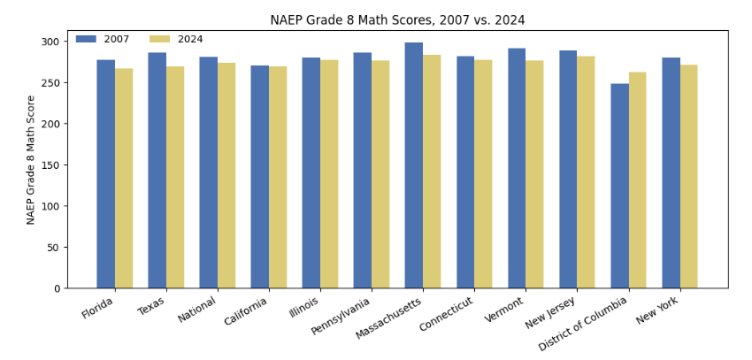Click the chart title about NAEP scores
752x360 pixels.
tap(397, 20)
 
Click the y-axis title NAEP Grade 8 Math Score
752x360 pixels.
tap(31, 159)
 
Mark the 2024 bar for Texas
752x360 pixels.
tap(175, 177)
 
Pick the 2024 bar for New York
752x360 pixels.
tap(689, 177)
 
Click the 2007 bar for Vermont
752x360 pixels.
tap(517, 168)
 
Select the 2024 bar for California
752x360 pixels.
tap(278, 177)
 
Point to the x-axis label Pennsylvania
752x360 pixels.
tap(341, 317)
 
